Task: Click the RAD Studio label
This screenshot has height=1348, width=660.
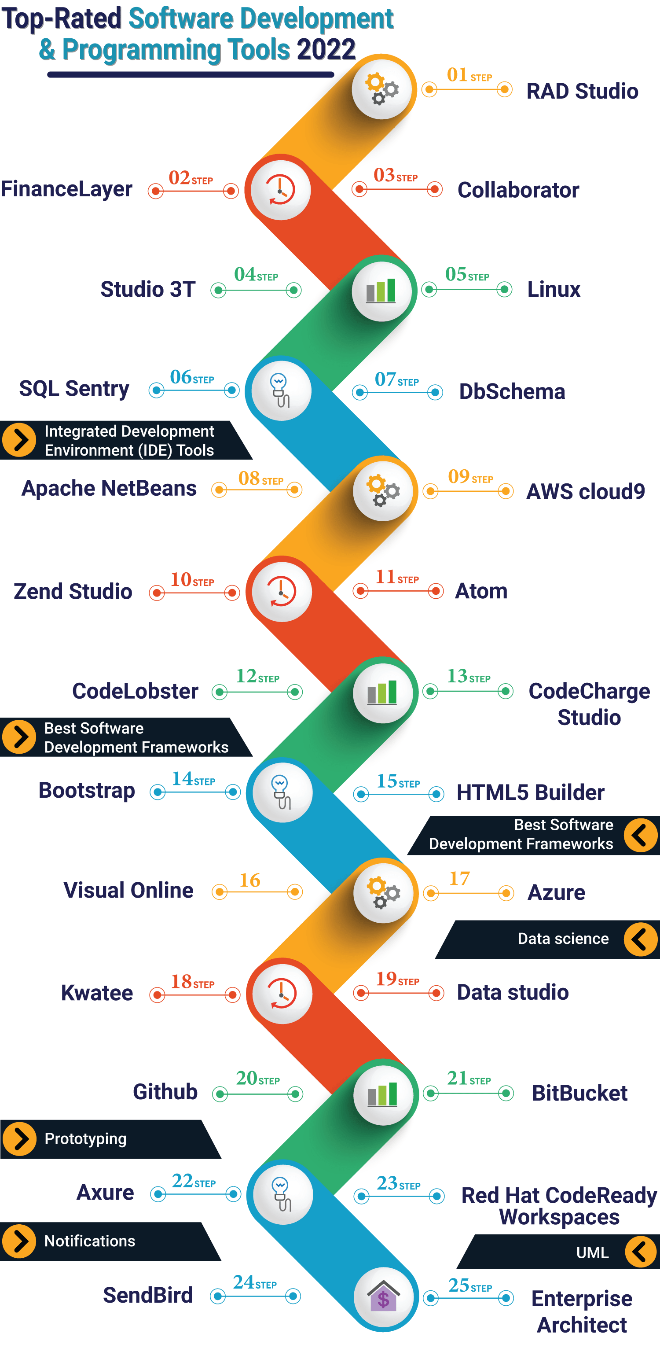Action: [x=582, y=91]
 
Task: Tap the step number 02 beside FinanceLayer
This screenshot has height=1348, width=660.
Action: [x=179, y=178]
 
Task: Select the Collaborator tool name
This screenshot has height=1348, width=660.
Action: [x=518, y=190]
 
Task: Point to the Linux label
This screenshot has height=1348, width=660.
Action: [x=554, y=289]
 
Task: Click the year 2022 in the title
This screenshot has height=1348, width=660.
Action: [x=326, y=50]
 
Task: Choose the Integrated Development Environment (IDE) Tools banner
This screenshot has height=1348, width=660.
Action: [x=129, y=441]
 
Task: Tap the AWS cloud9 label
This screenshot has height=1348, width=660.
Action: [x=585, y=491]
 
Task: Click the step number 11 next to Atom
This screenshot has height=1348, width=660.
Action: [x=385, y=577]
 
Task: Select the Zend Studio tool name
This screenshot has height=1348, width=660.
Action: [x=73, y=591]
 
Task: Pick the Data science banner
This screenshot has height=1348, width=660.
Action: [x=563, y=939]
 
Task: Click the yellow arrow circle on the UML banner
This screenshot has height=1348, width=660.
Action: [x=640, y=1252]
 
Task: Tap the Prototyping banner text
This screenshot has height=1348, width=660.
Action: [x=85, y=1139]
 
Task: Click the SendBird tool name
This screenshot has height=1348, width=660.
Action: [x=148, y=1295]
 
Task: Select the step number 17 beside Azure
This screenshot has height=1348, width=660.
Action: [x=459, y=879]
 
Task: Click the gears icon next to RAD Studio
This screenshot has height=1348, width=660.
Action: [x=382, y=89]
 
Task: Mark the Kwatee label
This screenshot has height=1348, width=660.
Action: [x=97, y=993]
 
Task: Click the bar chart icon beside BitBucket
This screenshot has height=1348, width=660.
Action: [x=383, y=1094]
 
